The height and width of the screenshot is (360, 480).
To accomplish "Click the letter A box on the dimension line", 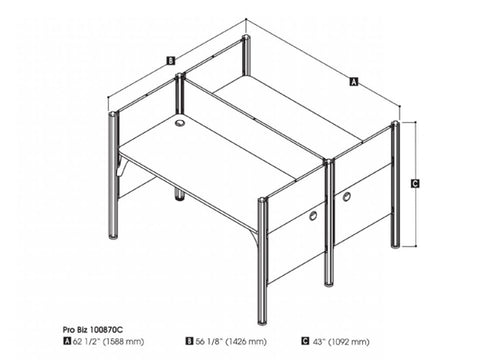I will click(x=353, y=82).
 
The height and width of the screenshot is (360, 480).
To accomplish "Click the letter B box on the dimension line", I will click(x=171, y=61).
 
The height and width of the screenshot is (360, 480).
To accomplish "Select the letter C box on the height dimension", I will click(x=414, y=183).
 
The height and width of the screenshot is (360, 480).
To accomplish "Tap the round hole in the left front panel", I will click(x=313, y=215).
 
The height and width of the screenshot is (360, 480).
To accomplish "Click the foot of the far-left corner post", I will click(x=113, y=235).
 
